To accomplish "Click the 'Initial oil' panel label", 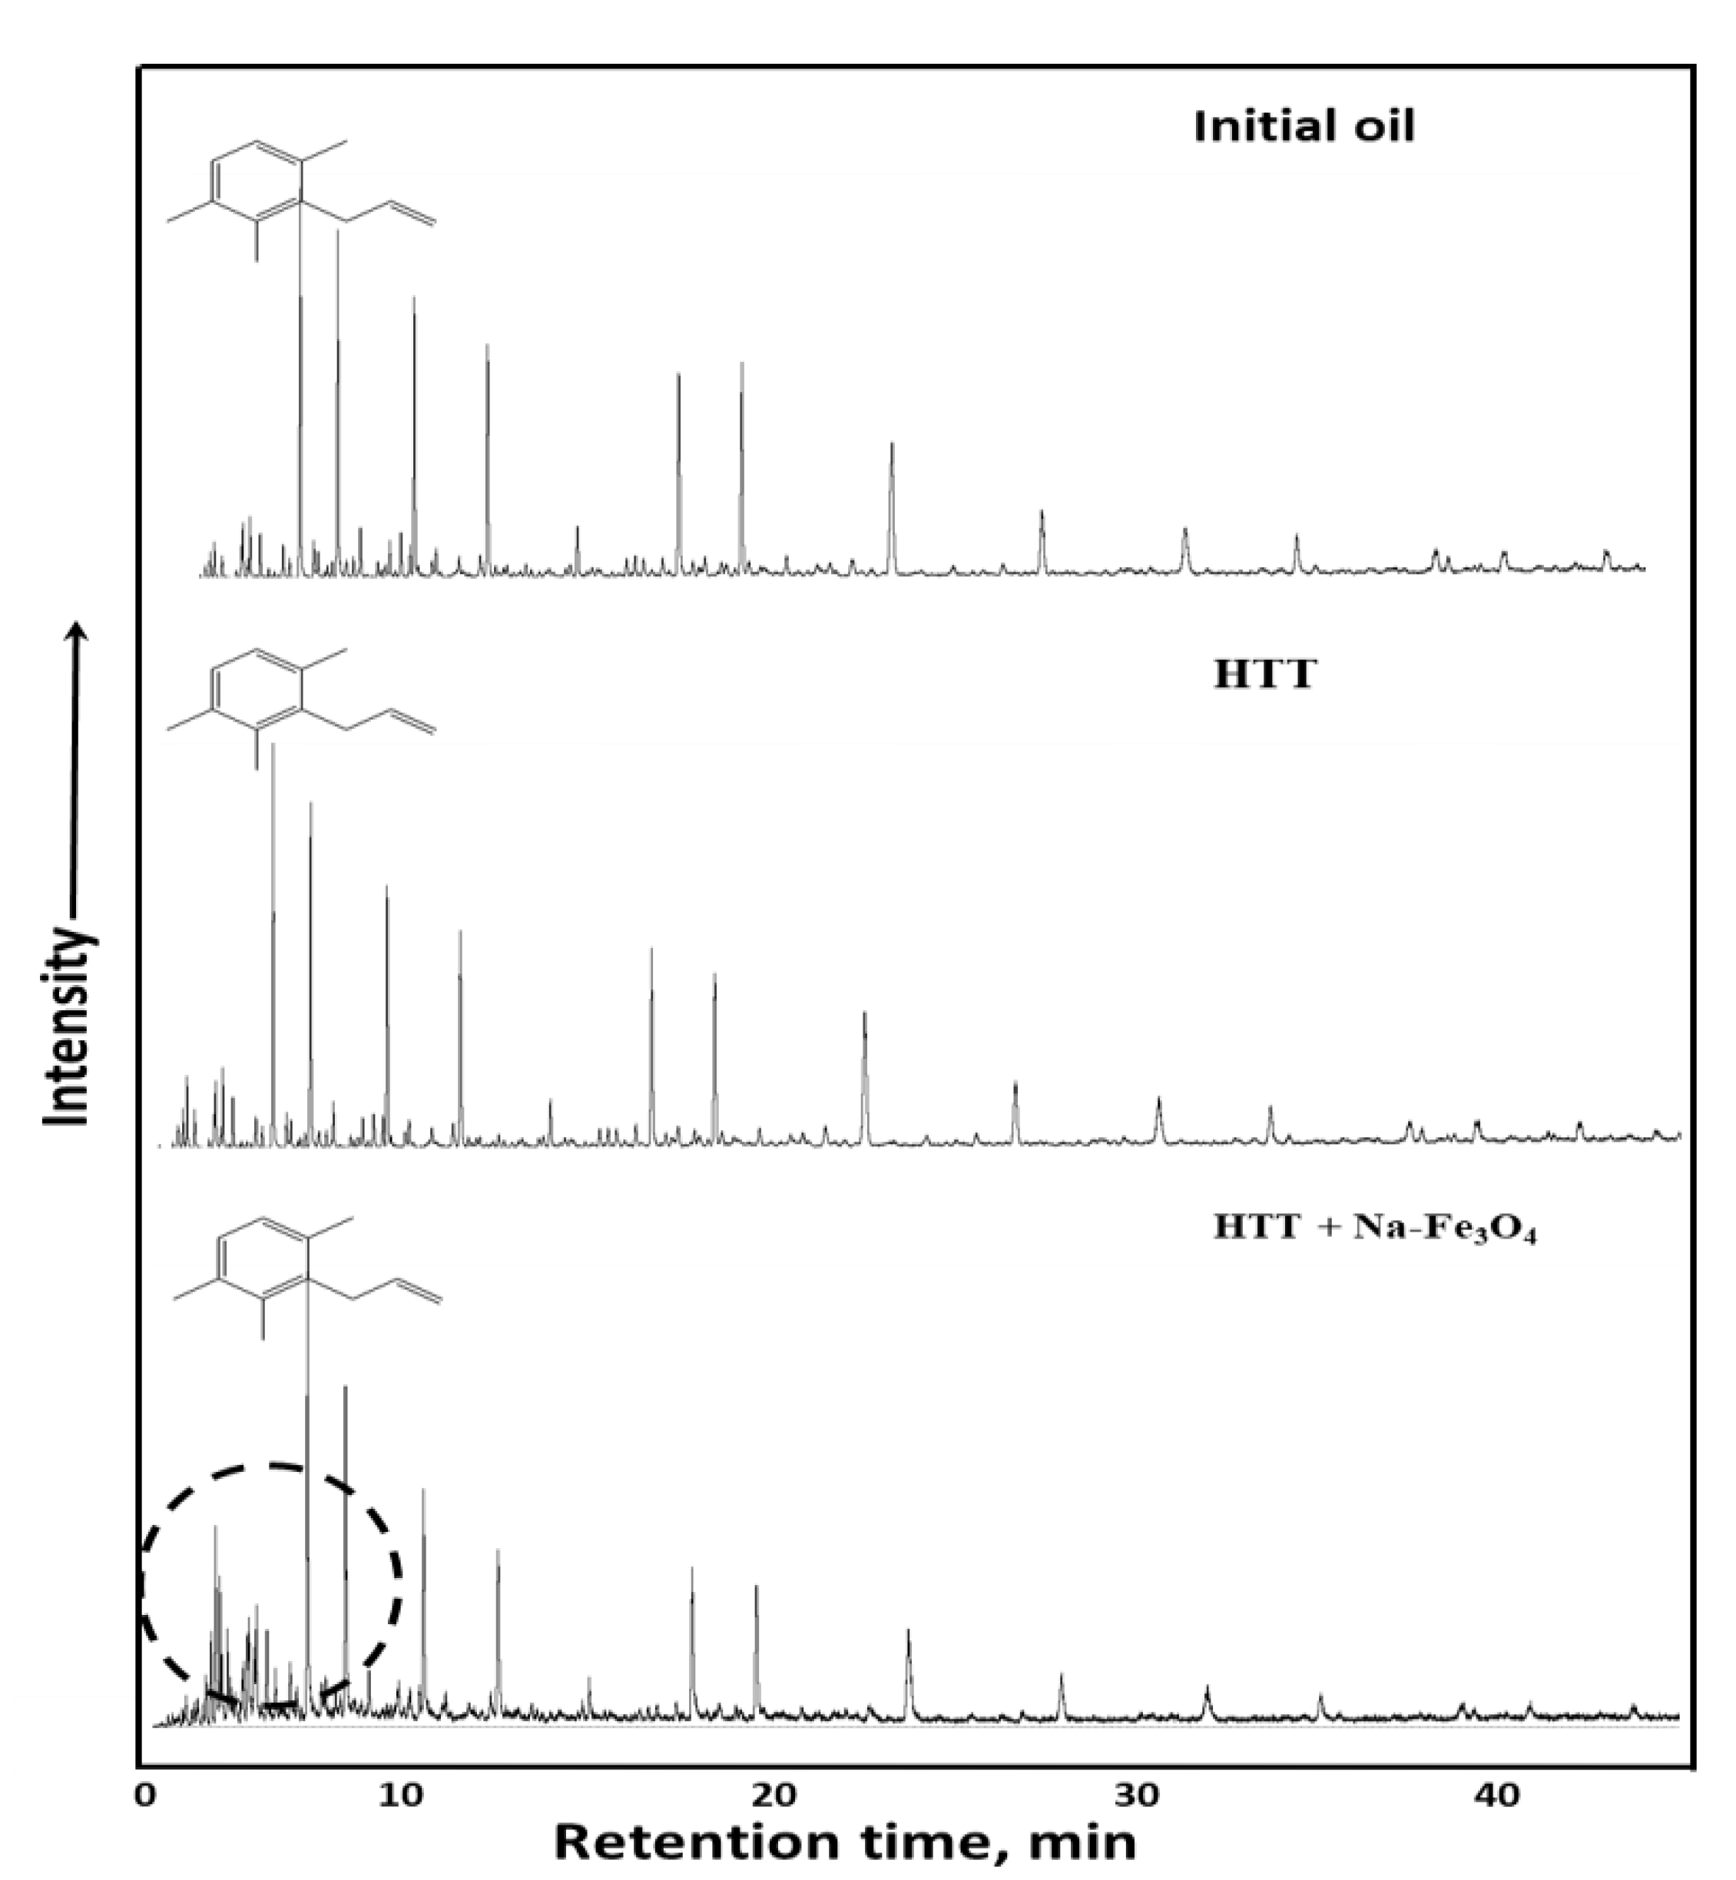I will tap(1303, 126).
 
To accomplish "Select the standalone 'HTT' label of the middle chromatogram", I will tap(1264, 675).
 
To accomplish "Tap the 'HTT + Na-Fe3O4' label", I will tap(1374, 1227).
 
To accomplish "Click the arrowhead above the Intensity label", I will tap(80, 632).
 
